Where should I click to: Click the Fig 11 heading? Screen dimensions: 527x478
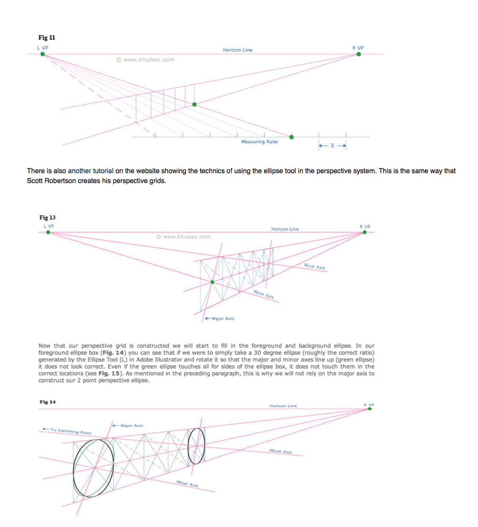(47, 38)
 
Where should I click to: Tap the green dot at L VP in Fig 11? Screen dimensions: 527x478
(42, 54)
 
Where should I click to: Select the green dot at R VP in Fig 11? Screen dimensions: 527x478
(359, 54)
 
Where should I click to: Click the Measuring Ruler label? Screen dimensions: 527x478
(260, 142)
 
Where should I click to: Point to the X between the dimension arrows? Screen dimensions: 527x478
(332, 146)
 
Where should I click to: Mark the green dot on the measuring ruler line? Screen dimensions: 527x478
(292, 137)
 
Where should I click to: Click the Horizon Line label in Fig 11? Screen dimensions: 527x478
(237, 50)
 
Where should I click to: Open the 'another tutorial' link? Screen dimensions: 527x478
(90, 171)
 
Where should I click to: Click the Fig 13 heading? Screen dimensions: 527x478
(48, 218)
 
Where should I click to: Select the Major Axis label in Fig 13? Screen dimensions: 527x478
(223, 319)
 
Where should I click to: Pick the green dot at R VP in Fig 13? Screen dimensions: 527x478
(365, 232)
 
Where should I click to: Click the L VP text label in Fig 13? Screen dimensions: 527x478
(49, 226)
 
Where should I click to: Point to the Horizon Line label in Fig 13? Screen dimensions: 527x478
(285, 229)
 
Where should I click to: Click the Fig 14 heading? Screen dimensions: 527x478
(48, 402)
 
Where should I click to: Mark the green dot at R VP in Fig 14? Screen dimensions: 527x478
(370, 409)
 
